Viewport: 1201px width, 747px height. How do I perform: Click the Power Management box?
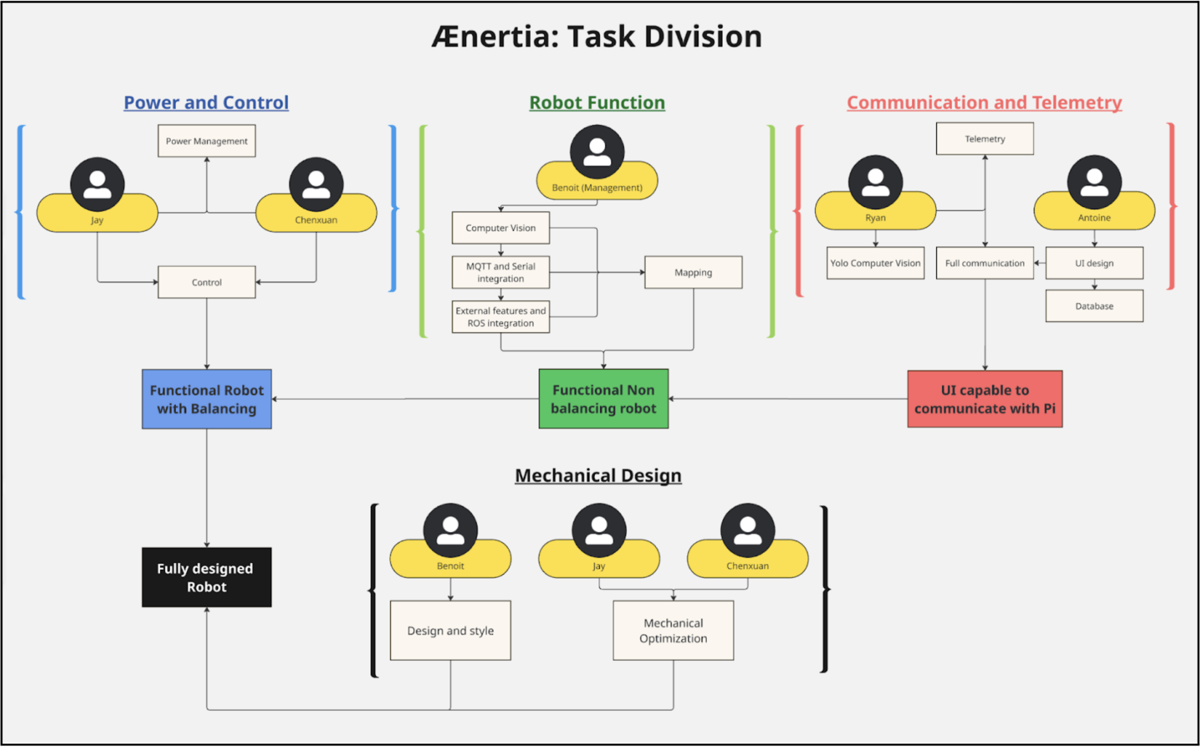(206, 141)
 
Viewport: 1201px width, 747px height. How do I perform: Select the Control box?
(206, 282)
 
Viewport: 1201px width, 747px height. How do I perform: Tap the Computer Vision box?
(501, 228)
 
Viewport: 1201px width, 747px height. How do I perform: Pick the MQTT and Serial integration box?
(501, 272)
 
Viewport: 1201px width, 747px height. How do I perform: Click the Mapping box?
(693, 272)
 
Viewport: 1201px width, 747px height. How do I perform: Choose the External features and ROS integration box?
(501, 317)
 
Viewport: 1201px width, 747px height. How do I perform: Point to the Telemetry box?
(985, 139)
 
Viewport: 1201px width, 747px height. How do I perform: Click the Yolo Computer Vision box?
(875, 263)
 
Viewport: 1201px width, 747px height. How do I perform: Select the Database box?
(1094, 306)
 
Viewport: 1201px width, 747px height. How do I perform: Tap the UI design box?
(1094, 263)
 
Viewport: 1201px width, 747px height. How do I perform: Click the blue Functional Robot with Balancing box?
(206, 399)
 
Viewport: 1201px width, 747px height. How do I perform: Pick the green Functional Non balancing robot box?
(603, 399)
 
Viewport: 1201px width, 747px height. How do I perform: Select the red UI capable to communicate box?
(985, 399)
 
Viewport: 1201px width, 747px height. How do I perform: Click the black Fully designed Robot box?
(206, 577)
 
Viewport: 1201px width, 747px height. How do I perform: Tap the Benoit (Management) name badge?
(597, 187)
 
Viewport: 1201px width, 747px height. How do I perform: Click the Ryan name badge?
(875, 217)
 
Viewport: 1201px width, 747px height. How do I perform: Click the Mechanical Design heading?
(598, 475)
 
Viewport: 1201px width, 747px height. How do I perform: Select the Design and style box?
(450, 630)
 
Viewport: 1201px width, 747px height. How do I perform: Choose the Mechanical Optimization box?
(673, 630)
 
